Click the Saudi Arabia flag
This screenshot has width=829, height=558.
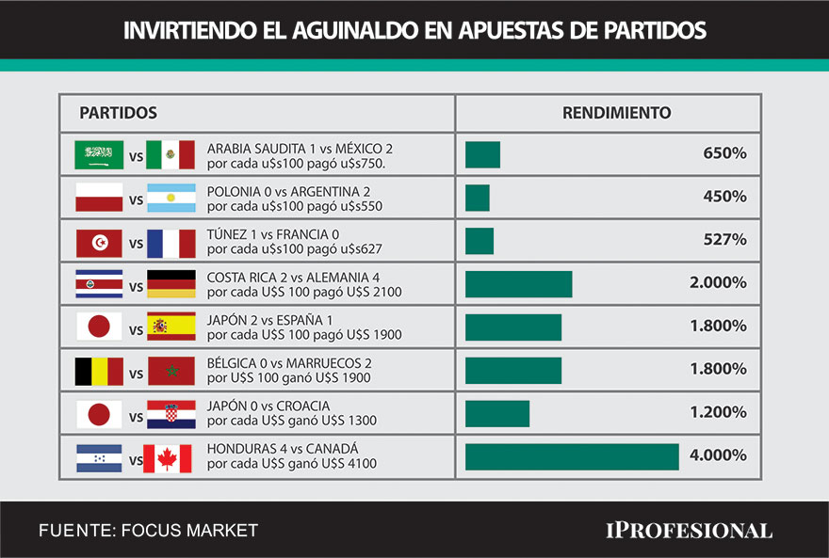99,154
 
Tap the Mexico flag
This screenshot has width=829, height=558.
171,154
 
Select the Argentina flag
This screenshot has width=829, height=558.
171,198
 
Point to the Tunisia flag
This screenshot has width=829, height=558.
99,243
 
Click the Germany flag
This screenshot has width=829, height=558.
171,284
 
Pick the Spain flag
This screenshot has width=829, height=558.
171,327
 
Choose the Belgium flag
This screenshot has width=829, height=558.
99,371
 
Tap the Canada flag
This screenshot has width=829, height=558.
168,458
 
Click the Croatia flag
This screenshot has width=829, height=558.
171,414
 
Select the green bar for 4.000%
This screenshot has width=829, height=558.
572,456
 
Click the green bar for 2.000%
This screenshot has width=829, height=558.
518,284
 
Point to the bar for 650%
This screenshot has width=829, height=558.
482,154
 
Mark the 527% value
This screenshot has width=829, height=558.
724,240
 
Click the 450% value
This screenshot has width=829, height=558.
724,197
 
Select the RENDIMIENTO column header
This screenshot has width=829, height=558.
617,113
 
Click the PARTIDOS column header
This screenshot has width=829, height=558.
118,113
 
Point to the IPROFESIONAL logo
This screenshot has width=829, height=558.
689,531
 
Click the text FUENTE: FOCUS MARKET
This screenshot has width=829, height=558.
148,531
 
